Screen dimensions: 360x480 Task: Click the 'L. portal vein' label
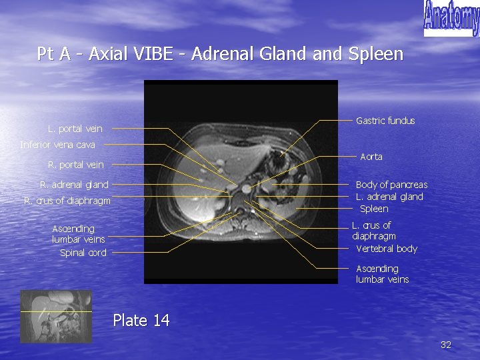[x=75, y=129]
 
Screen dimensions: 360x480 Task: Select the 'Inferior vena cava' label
[x=58, y=145]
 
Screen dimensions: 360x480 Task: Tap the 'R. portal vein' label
[x=75, y=165]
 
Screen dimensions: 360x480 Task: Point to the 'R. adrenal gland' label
[x=74, y=185]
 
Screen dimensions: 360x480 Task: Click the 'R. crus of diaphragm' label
[x=67, y=201]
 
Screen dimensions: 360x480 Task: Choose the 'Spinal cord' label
[x=83, y=253]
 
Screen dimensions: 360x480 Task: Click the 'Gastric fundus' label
[x=385, y=121]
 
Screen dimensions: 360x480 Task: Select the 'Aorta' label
[x=371, y=157]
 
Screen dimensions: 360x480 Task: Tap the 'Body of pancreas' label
[x=391, y=185]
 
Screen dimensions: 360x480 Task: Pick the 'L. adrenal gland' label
[x=389, y=197]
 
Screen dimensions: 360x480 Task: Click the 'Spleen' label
[x=374, y=209]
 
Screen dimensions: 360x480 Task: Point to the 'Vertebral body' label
[x=387, y=249]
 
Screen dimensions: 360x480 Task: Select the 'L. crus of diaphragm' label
[x=373, y=231]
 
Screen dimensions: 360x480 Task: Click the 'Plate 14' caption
[x=141, y=321]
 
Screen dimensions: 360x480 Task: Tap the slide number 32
[x=446, y=345]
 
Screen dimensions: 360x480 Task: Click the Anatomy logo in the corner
[x=451, y=18]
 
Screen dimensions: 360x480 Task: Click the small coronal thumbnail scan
[x=55, y=316]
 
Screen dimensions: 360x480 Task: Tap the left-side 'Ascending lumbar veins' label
[x=78, y=234]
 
